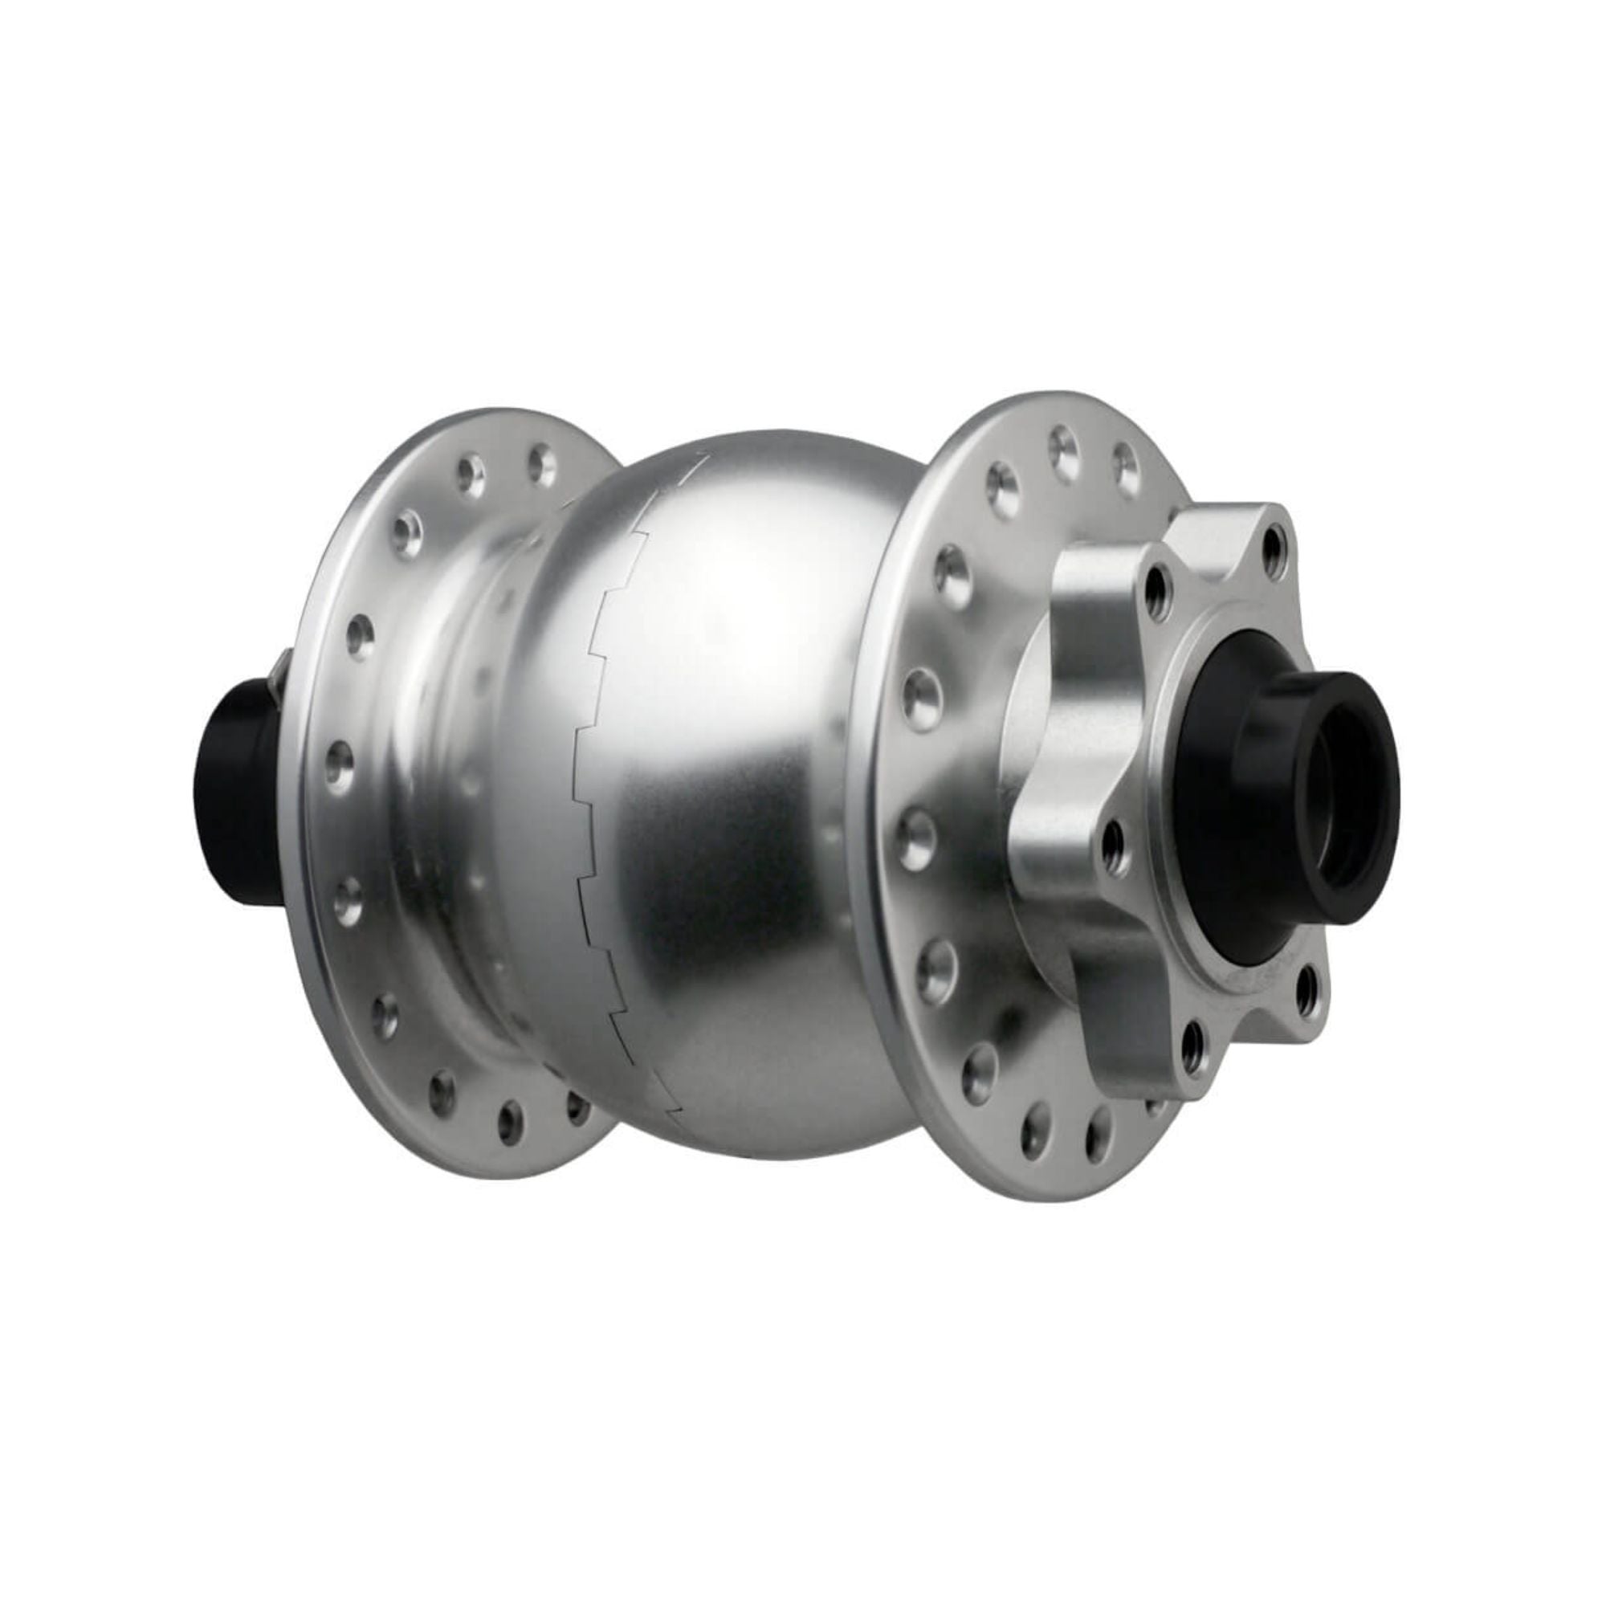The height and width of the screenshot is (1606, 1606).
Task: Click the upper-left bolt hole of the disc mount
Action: [x=1156, y=583]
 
